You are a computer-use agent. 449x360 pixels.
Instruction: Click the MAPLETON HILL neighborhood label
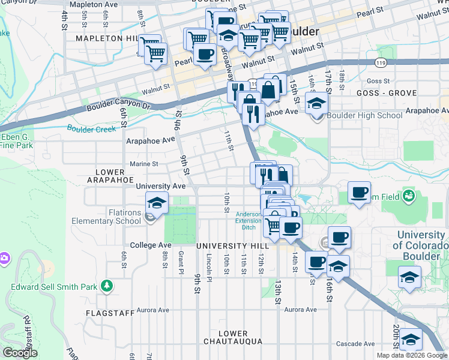click(107, 38)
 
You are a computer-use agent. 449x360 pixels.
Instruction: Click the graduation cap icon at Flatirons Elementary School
click(157, 203)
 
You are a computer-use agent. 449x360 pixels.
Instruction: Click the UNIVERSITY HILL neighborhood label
click(229, 247)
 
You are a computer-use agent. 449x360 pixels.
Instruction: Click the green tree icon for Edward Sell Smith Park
click(107, 286)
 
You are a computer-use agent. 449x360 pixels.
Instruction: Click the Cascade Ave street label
click(355, 344)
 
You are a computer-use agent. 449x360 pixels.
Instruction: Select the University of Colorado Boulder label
click(421, 245)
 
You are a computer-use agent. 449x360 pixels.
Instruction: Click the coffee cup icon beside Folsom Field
click(359, 193)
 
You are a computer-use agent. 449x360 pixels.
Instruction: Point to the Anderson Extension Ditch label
click(248, 221)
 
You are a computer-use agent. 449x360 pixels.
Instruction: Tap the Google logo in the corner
click(20, 353)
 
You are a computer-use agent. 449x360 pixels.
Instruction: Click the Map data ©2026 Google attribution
click(412, 355)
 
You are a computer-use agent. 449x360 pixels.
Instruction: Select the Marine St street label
click(143, 164)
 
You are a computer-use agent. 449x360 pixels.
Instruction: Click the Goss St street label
click(378, 81)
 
